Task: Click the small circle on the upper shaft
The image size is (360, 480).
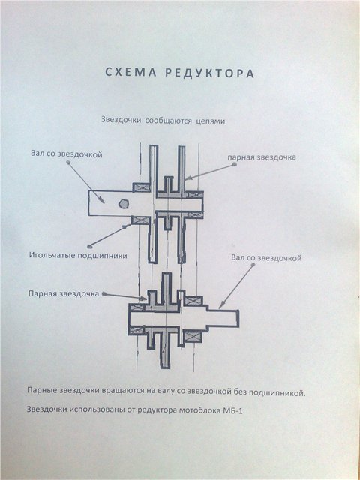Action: pyautogui.click(x=123, y=204)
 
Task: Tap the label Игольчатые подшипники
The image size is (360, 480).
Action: pyautogui.click(x=78, y=256)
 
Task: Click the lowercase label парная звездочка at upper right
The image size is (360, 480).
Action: pyautogui.click(x=262, y=157)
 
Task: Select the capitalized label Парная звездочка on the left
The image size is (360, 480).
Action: pyautogui.click(x=64, y=293)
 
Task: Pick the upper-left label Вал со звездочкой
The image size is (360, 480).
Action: pyautogui.click(x=67, y=154)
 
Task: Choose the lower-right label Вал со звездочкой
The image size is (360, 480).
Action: pyautogui.click(x=266, y=258)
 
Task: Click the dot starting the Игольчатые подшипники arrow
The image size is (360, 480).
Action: pyautogui.click(x=89, y=246)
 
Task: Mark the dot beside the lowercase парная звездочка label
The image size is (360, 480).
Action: pyautogui.click(x=234, y=164)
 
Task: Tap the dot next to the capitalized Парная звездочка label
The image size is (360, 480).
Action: pyautogui.click(x=104, y=293)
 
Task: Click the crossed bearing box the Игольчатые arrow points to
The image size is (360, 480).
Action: pyautogui.click(x=140, y=220)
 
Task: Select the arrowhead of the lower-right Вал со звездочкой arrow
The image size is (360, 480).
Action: pyautogui.click(x=220, y=305)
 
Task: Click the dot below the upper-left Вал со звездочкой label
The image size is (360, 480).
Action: pyautogui.click(x=68, y=163)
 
